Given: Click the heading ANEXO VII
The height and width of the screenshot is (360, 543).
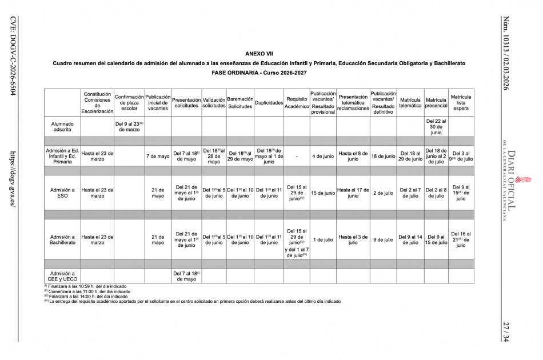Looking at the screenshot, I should pyautogui.click(x=271, y=53).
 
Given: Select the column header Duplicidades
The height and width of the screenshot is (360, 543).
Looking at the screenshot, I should pyautogui.click(x=269, y=103).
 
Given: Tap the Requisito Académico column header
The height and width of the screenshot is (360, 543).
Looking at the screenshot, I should pyautogui.click(x=297, y=102).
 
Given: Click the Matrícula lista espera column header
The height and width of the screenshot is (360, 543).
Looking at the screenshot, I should pyautogui.click(x=461, y=102).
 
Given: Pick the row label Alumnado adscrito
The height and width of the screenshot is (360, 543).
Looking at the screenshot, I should pyautogui.click(x=62, y=126).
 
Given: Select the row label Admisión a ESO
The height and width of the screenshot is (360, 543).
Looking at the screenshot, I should pyautogui.click(x=62, y=193).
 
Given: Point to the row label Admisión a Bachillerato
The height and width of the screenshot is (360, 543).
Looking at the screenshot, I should pyautogui.click(x=62, y=239).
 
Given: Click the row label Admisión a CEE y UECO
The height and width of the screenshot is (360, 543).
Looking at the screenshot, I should pyautogui.click(x=62, y=276).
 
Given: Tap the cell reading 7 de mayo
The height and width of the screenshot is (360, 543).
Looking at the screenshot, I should pyautogui.click(x=158, y=156).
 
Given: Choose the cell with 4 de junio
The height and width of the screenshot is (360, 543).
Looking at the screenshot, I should pyautogui.click(x=323, y=156).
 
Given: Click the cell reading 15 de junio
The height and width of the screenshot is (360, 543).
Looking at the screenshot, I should pyautogui.click(x=323, y=193).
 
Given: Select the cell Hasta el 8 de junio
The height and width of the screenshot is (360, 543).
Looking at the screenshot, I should pyautogui.click(x=353, y=156).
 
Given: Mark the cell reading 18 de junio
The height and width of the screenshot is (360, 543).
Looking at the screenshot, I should pyautogui.click(x=383, y=156).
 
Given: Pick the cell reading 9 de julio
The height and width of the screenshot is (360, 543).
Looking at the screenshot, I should pyautogui.click(x=383, y=240).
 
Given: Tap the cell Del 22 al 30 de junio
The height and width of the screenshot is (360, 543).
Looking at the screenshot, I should pyautogui.click(x=436, y=126).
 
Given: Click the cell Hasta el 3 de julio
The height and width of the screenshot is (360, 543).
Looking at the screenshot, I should pyautogui.click(x=353, y=239).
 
